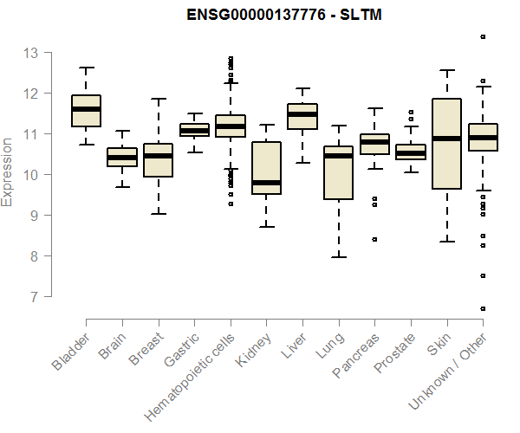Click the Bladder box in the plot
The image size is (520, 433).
(x=86, y=111)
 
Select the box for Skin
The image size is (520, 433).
(x=446, y=143)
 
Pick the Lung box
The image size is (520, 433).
(x=339, y=172)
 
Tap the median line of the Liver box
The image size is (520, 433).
(x=302, y=114)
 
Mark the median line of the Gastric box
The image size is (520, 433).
(x=194, y=131)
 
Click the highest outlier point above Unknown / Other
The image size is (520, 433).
(x=483, y=36)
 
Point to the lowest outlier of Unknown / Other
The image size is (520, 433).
(x=483, y=308)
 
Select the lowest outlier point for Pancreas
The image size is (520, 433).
(x=374, y=239)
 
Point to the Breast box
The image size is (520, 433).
(x=158, y=160)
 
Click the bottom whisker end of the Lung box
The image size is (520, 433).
(x=339, y=257)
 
